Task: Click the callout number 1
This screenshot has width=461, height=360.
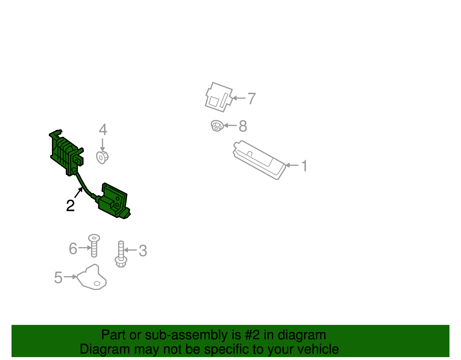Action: (x=304, y=166)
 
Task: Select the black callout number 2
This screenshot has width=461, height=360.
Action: (x=70, y=206)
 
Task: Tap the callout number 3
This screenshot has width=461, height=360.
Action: (x=143, y=251)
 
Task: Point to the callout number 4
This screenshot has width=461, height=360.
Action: (x=103, y=130)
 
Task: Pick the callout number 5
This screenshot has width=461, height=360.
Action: (x=58, y=278)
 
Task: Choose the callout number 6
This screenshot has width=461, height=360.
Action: (x=73, y=249)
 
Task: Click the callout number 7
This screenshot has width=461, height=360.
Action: (x=252, y=99)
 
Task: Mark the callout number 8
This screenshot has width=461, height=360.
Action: (x=243, y=126)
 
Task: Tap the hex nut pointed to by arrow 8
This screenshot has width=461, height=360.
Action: (x=216, y=126)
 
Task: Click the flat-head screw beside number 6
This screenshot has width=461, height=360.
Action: (x=94, y=245)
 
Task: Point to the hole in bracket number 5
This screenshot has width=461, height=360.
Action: (x=97, y=284)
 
